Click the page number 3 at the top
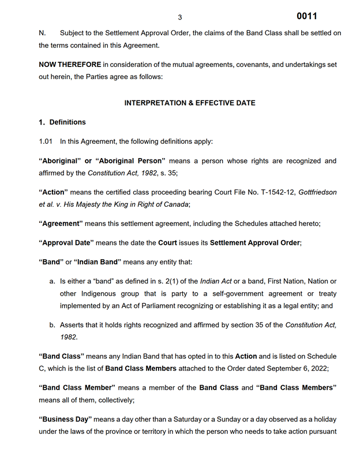[179, 17]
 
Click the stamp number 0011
[306, 16]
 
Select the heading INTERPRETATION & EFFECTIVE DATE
[190, 103]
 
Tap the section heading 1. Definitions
[62, 122]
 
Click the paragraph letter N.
[42, 33]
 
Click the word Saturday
[204, 419]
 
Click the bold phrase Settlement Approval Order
[254, 243]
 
